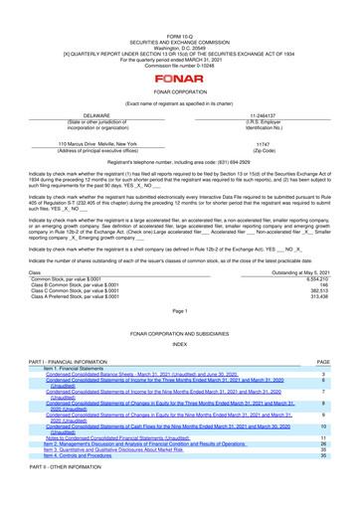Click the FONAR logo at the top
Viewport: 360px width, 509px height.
pos(179,47)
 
